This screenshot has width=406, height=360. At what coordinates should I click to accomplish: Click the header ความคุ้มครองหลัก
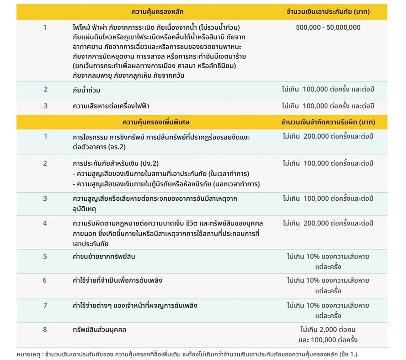pos(160,11)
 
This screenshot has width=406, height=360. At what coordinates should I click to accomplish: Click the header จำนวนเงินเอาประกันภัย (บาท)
pos(328,11)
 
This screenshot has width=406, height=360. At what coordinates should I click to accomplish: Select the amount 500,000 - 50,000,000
pos(328,27)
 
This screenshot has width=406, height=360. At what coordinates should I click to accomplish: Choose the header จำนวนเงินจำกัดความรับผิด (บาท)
pos(328,123)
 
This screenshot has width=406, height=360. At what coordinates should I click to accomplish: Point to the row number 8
pos(45,329)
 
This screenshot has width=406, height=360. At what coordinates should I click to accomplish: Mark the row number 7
pos(45,305)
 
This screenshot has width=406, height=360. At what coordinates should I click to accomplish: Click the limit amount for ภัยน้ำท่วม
pos(328,89)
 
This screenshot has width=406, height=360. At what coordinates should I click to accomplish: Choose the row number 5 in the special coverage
pos(45,256)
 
